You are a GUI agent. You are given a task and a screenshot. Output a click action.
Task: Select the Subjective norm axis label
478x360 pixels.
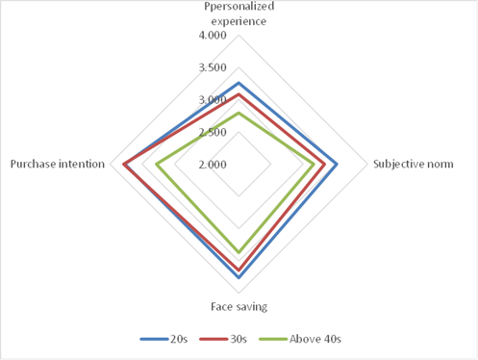coord(413,165)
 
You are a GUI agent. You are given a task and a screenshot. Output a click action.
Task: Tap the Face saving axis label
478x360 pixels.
coord(239,306)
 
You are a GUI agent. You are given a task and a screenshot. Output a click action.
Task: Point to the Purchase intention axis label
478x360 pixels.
coord(57,165)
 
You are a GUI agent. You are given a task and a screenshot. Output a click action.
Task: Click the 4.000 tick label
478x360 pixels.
coord(213,36)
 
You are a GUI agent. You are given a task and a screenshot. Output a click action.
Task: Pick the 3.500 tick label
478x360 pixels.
coord(213,67)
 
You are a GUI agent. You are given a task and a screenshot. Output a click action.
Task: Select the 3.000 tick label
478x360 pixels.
coord(213,100)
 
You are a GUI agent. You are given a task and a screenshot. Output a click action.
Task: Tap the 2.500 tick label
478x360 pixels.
coord(213,132)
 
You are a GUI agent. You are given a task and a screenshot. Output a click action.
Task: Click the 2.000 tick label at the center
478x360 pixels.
coord(213,165)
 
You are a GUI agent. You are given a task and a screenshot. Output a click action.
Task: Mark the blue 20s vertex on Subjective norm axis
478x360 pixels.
coord(337,165)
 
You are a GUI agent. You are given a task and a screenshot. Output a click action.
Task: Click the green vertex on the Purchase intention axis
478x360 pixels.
coord(155,165)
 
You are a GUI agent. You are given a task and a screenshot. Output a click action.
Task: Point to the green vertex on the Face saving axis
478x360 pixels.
coord(239,253)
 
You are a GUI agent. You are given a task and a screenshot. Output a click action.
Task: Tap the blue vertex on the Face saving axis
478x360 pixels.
coord(239,277)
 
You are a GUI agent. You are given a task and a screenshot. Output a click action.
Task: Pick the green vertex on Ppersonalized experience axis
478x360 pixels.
coord(239,114)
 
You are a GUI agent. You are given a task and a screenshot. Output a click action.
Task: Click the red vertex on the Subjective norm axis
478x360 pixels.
coord(324,165)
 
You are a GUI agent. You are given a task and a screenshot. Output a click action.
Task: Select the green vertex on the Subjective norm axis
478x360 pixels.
coord(314,165)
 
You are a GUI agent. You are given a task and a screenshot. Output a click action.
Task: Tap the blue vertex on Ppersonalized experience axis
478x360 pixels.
coord(239,84)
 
